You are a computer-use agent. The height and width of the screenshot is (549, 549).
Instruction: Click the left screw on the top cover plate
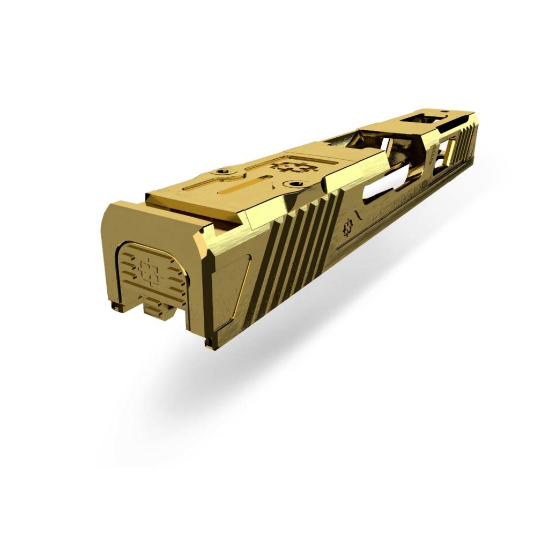pyautogui.click(x=222, y=173)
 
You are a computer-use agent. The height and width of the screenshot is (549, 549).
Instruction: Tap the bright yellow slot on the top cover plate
pyautogui.click(x=244, y=189)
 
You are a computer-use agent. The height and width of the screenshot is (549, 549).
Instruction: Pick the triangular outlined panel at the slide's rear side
pyautogui.click(x=236, y=284)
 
